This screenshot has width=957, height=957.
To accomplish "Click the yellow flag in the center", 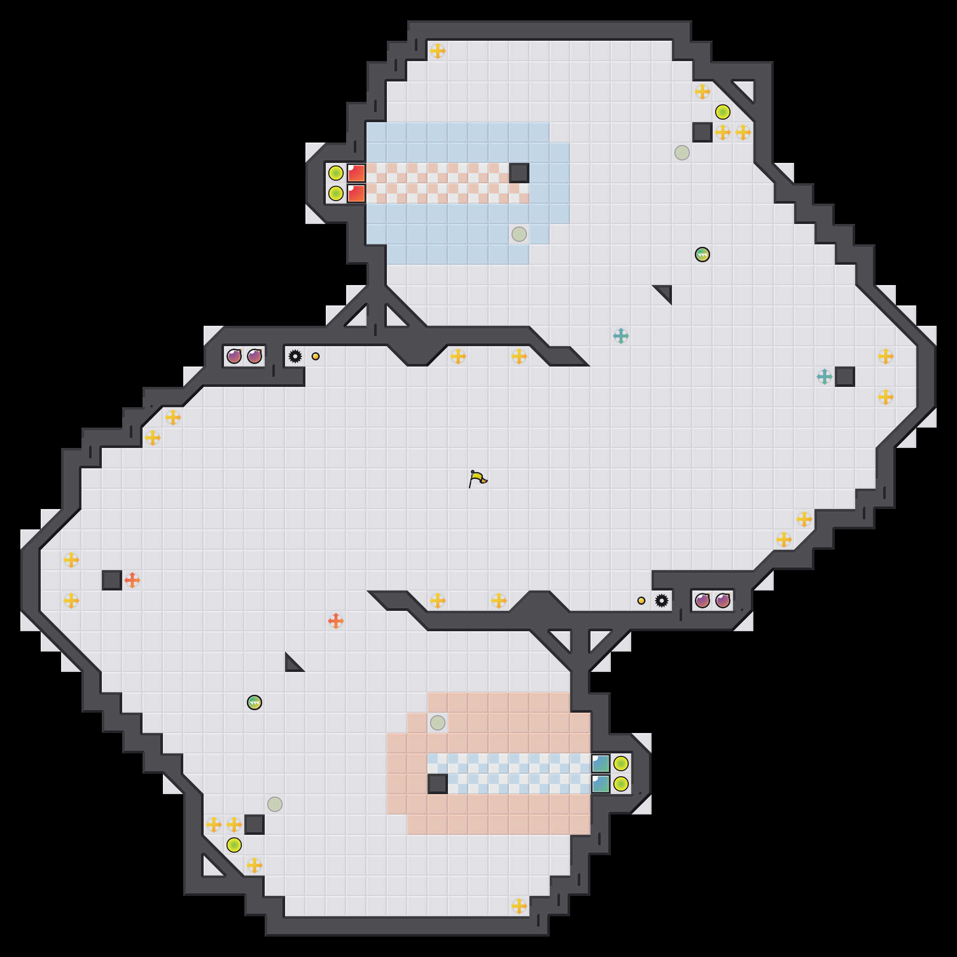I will point(477,478).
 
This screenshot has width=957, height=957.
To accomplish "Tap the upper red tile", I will point(356,173).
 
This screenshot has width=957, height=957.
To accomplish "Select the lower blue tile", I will point(601,784).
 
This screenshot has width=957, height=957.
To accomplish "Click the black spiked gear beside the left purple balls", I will point(295,356).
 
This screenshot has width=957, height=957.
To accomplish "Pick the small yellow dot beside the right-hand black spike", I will point(641,601).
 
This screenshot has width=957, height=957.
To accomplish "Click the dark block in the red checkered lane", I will point(519,173).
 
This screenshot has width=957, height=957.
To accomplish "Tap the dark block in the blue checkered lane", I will point(438,784).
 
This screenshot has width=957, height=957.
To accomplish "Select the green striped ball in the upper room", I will point(702,255).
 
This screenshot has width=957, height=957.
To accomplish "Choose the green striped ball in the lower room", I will point(255,702).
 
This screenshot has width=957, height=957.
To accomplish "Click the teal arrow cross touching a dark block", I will point(825,377).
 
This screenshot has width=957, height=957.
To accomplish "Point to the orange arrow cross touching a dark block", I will point(132,580).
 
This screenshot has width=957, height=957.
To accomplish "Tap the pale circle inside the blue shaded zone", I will point(519,234).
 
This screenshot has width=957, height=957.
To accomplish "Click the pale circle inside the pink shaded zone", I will point(438,723).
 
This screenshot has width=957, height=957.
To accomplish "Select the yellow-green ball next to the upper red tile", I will point(336,173).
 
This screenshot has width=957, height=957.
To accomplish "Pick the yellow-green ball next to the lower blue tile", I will point(621,784).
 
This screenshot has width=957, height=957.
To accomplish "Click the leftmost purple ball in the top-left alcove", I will point(234,356).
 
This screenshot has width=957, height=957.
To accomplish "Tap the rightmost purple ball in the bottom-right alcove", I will point(723,601).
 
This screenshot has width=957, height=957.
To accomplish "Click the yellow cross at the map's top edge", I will point(438,51).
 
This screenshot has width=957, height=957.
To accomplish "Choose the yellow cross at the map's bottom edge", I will point(519,906).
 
